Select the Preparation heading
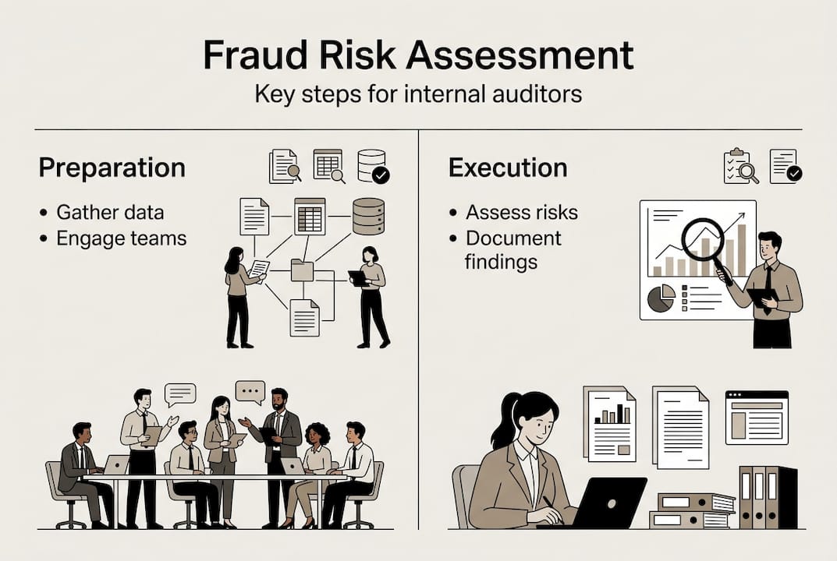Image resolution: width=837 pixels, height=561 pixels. (x=112, y=168)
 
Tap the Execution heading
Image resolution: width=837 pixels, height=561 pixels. (x=508, y=168)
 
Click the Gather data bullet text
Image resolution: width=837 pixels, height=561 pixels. (x=110, y=213)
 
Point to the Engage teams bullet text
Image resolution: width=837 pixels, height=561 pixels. (x=122, y=238)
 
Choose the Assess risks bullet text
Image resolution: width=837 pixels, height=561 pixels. (x=522, y=213)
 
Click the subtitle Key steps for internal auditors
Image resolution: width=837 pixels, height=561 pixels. (x=418, y=94)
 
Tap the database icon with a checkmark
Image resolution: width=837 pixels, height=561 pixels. (x=372, y=166)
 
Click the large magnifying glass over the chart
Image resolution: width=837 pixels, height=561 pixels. (x=703, y=239)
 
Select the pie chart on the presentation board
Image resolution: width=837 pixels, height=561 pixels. (x=661, y=298)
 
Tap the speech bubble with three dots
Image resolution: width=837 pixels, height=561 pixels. (x=250, y=391)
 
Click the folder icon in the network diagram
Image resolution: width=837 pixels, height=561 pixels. (x=302, y=270)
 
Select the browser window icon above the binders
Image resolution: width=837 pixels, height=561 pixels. (x=756, y=417)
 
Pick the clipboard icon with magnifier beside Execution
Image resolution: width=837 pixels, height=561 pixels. (x=740, y=166)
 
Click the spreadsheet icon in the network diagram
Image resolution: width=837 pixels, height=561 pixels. (x=310, y=216)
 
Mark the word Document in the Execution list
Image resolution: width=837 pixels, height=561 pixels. (x=513, y=238)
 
